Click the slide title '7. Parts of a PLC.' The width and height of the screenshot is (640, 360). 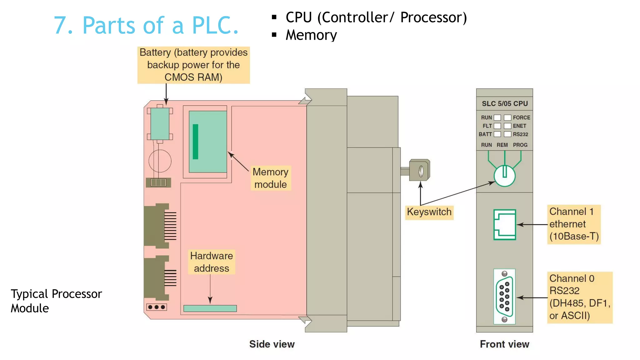(146, 25)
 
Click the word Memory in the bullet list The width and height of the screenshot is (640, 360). (311, 35)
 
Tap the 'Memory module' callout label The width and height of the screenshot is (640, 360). (271, 178)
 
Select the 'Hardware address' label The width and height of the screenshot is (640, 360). (212, 262)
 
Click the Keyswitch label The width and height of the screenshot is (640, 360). (429, 212)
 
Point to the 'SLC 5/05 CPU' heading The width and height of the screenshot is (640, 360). (504, 104)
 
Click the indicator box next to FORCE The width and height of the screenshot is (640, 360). (507, 117)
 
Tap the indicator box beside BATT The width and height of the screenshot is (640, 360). (497, 134)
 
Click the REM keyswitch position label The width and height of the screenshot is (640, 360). (502, 145)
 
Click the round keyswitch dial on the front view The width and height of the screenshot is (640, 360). (504, 176)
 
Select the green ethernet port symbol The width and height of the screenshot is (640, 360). (504, 225)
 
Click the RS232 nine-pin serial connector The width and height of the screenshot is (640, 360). (504, 296)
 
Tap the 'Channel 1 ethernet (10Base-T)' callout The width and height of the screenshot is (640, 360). (574, 224)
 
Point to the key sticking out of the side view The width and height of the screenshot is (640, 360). (419, 171)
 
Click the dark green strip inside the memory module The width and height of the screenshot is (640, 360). (196, 142)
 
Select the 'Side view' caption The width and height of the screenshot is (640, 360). (272, 344)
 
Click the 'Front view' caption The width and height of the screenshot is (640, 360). (504, 344)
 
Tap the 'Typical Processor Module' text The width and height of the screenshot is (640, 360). (56, 301)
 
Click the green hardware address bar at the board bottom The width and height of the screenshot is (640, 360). (210, 308)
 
